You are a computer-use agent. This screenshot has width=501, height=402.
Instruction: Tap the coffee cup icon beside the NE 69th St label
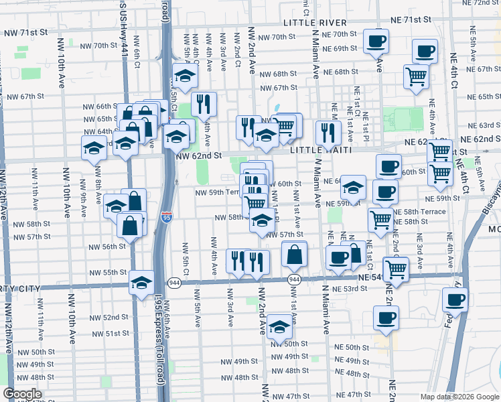[376, 42]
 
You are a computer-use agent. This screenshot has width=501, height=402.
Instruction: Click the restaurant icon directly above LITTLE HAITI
[328, 131]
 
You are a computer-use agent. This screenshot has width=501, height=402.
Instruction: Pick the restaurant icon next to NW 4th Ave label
[204, 104]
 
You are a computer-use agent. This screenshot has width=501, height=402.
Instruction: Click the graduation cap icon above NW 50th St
[279, 327]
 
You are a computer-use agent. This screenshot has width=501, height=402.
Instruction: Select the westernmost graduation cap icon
[94, 149]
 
